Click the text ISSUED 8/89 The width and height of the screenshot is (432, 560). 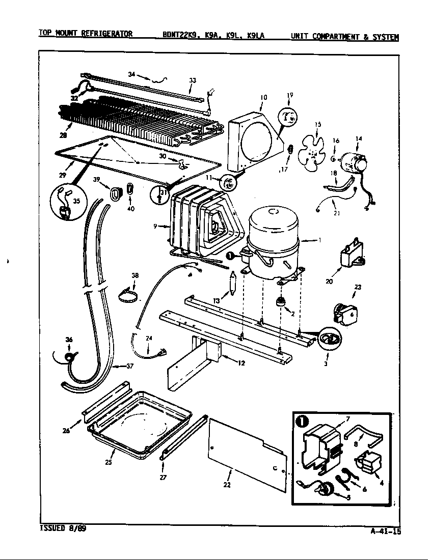point(63,528)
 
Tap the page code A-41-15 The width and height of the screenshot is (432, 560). point(386,532)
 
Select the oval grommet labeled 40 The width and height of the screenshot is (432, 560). point(130,189)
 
